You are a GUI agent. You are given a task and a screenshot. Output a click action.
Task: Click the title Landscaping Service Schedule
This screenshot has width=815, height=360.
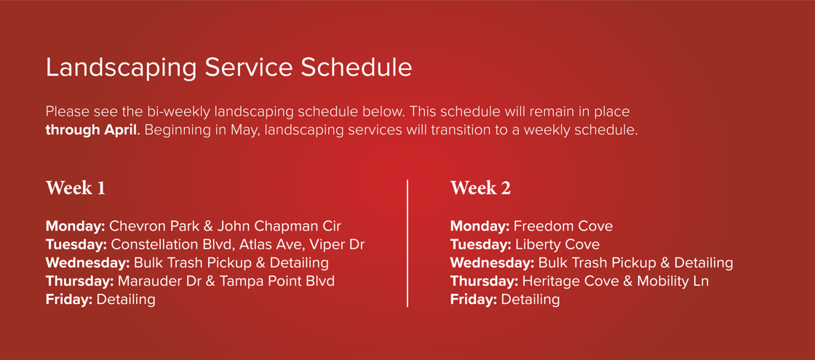228,68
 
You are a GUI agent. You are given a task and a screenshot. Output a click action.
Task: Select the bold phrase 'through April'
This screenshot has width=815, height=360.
91,132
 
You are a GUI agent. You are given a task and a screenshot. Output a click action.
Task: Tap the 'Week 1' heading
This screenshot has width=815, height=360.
76,188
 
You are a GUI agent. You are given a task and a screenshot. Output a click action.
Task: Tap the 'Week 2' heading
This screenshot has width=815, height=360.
480,188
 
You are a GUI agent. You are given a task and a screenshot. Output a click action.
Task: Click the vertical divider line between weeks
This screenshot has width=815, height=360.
407,244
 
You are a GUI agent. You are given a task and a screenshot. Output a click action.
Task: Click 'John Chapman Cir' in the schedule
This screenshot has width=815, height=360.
279,226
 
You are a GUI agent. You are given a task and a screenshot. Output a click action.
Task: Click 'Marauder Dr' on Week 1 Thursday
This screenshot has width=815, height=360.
151,281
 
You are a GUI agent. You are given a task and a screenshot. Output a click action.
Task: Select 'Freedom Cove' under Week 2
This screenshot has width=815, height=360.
563,226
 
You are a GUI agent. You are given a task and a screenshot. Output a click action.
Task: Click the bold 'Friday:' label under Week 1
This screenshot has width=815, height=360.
69,299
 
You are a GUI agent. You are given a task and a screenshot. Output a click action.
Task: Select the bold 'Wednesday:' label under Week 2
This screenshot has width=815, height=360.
492,263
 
